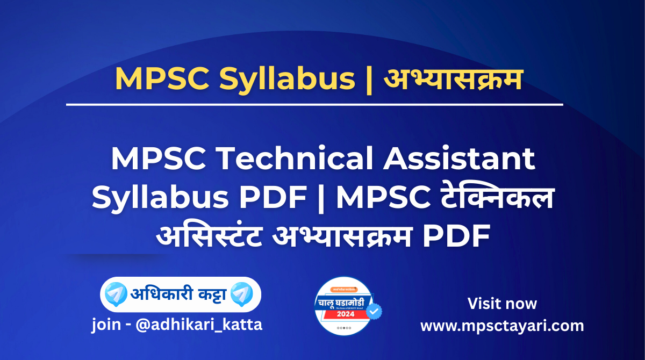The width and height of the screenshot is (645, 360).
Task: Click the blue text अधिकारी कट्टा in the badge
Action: (x=178, y=294)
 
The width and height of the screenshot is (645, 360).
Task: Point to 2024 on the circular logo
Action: (x=345, y=314)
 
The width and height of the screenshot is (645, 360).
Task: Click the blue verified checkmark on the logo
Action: (x=373, y=311)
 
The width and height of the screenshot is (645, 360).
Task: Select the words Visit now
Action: (x=501, y=304)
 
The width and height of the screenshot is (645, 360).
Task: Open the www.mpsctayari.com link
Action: (x=501, y=326)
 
